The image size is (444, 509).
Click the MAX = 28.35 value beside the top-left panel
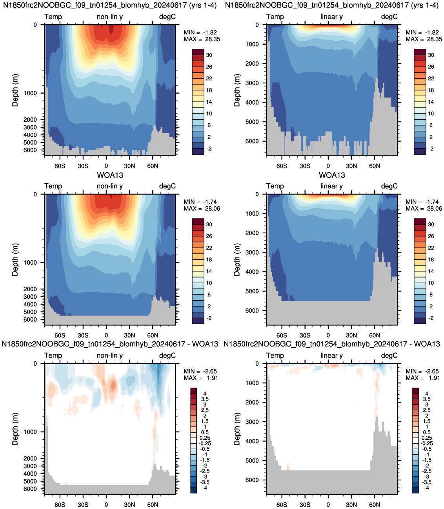coord(202,39)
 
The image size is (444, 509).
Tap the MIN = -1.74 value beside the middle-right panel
coord(423,202)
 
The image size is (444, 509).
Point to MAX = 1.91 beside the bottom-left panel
coord(201,378)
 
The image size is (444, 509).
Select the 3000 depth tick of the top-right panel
coord(252,83)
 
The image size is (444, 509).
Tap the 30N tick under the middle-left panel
coord(129,336)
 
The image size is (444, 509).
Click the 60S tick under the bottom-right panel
coord(282,505)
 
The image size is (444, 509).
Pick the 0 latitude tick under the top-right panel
coord(328,166)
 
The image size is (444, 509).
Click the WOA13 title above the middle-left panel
coord(110,175)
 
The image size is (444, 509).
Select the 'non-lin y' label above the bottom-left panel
coord(110,356)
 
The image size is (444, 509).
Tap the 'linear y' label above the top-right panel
coord(332,17)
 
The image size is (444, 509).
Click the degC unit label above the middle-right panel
coord(389,186)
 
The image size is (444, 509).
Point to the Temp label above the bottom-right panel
coord(275,356)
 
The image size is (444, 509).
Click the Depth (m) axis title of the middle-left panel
coord(15,260)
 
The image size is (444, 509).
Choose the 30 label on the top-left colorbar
coord(209,55)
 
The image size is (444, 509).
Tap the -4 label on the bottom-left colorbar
coord(205,487)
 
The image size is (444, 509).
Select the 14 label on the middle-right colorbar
coord(431,271)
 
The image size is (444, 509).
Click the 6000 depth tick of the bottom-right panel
coord(252,480)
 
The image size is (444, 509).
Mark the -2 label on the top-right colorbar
coord(431,148)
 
